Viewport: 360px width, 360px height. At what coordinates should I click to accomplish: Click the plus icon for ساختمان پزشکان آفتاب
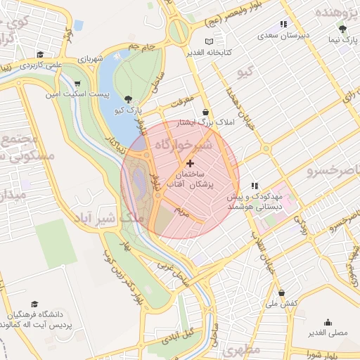coord(190,162)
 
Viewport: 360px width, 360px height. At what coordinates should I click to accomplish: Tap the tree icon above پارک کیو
coord(127,99)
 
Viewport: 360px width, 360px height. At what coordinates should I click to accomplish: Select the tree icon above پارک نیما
coord(342,29)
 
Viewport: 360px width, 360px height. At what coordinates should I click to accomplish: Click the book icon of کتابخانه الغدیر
coord(209,42)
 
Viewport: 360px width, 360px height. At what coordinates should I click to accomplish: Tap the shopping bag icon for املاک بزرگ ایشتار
coord(205,111)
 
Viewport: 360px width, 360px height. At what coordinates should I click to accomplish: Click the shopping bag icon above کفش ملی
coord(281,292)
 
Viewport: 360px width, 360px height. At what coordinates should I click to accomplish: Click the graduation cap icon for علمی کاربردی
coord(40,54)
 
